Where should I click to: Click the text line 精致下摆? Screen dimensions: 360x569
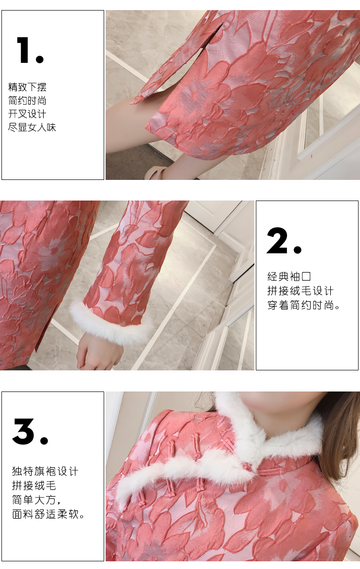point(27,87)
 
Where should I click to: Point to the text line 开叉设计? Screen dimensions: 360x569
point(27,114)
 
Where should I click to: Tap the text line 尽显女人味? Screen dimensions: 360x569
point(32,127)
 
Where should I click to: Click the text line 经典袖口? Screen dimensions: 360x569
point(289,276)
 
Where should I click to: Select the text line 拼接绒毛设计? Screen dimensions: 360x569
point(300,291)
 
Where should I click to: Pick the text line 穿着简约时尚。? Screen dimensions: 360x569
point(304,305)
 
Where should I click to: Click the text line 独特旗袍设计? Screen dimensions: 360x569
point(45,472)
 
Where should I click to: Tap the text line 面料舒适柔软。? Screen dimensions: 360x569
point(48,514)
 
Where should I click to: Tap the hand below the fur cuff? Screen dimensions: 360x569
point(97,350)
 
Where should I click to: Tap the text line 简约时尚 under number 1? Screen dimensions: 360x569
point(27,101)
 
